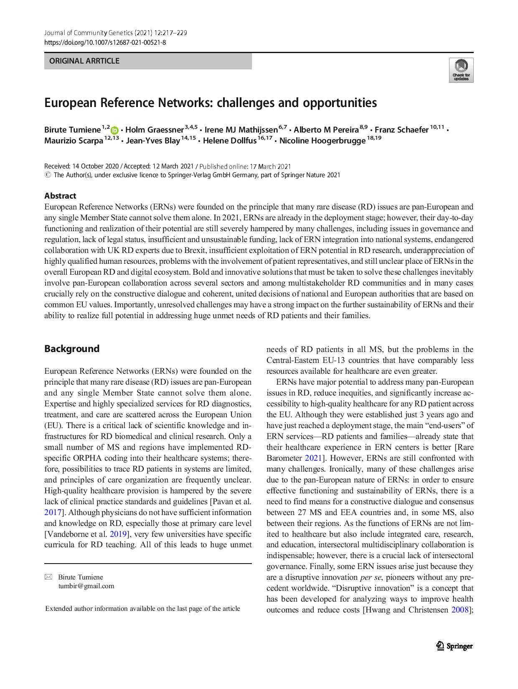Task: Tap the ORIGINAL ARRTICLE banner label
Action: tap(84, 61)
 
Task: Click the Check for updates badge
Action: tap(461, 70)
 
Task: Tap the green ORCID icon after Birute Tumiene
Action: tap(114, 130)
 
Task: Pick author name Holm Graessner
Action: tap(154, 130)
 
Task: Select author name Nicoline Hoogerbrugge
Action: tap(322, 141)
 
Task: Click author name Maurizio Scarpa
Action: tap(74, 141)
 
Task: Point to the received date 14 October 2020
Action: tap(95, 166)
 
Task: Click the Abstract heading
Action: tap(60, 196)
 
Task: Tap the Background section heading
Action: tap(72, 349)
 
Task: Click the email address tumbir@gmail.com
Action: tap(86, 586)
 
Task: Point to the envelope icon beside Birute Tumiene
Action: tap(48, 577)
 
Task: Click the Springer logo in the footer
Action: tap(455, 646)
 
